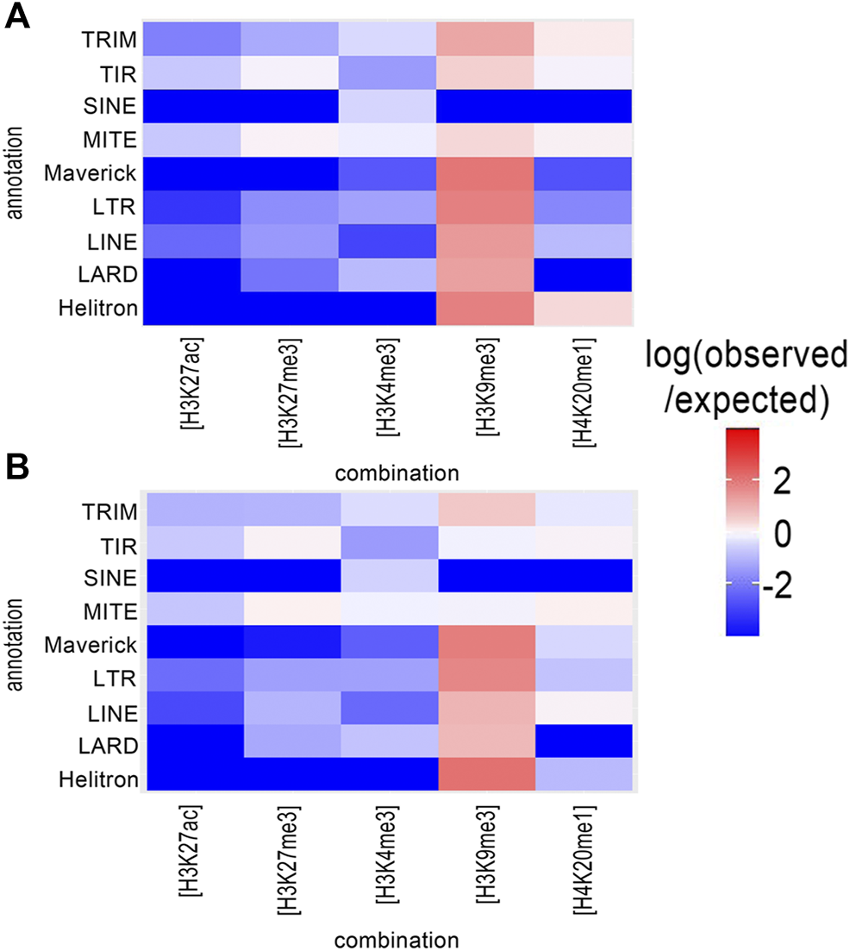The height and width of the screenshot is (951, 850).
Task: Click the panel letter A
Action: pyautogui.click(x=19, y=17)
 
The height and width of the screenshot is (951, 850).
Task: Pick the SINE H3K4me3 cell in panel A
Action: pyautogui.click(x=388, y=106)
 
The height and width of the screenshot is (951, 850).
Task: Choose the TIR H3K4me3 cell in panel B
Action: pyautogui.click(x=388, y=545)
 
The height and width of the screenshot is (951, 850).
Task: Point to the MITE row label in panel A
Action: pyautogui.click(x=114, y=140)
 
